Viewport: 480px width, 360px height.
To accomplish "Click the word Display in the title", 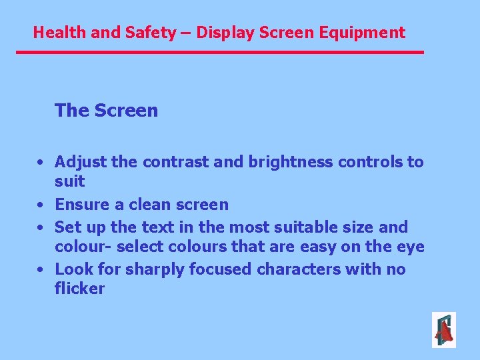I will click(223, 32).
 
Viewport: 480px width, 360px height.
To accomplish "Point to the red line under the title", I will click(220, 52).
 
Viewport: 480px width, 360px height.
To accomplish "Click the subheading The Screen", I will click(107, 110).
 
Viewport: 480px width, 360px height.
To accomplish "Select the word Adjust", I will click(79, 162).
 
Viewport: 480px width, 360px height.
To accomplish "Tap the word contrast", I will click(167, 162).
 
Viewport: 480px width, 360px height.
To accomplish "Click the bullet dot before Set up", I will click(41, 228).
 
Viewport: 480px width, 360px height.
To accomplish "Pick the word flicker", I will click(80, 289).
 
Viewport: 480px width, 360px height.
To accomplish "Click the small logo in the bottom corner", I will click(444, 330).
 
